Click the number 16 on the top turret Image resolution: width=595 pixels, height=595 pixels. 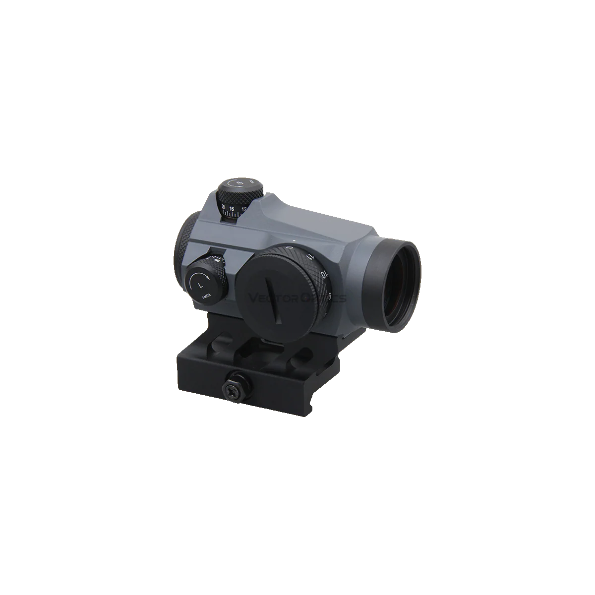(x=233, y=208)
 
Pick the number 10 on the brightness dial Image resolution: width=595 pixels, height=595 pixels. (x=323, y=274)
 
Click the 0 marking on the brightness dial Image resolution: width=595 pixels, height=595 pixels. (x=289, y=246)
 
